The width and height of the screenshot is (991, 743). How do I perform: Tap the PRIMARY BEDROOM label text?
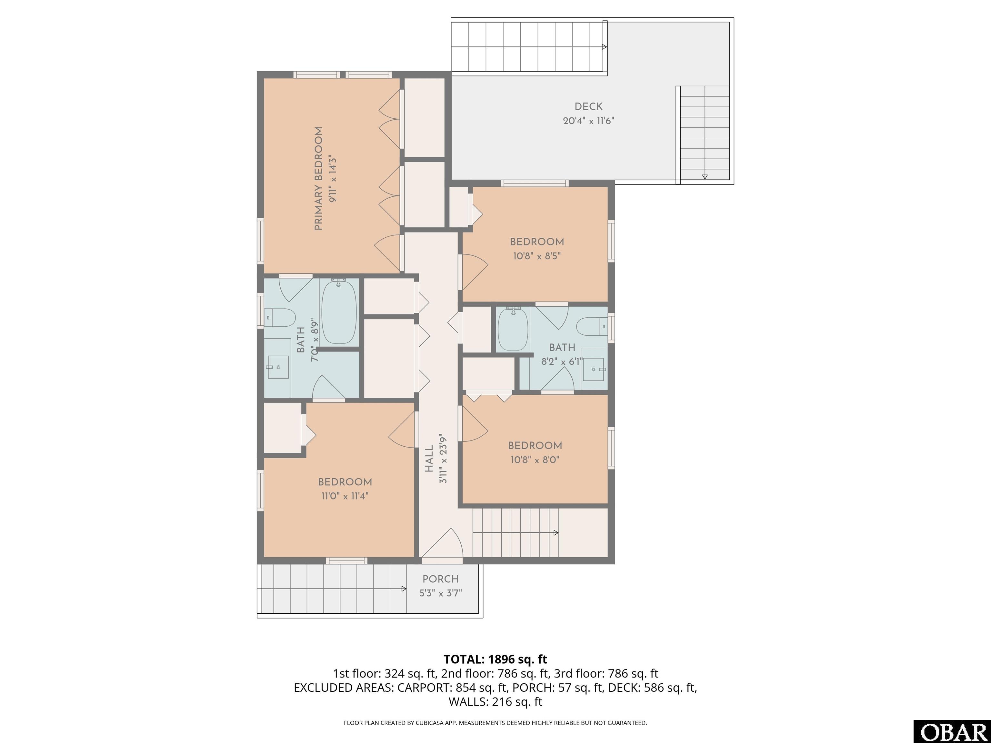pyautogui.click(x=318, y=179)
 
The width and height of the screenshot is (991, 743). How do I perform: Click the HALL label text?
pyautogui.click(x=429, y=458)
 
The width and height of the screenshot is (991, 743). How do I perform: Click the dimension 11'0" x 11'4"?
pyautogui.click(x=345, y=496)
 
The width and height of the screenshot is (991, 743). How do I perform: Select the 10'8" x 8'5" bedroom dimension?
pyautogui.click(x=537, y=256)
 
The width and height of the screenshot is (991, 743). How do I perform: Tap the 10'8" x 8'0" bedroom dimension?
pyautogui.click(x=535, y=460)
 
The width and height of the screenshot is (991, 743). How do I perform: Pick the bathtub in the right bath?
pyautogui.click(x=513, y=330)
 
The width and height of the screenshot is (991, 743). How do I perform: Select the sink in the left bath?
pyautogui.click(x=278, y=367)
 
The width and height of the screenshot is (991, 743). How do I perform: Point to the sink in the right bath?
pyautogui.click(x=594, y=370)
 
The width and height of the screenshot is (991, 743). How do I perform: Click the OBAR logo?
pyautogui.click(x=952, y=731)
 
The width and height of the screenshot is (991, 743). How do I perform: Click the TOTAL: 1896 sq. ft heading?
pyautogui.click(x=495, y=659)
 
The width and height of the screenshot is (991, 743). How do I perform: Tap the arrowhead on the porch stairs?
pyautogui.click(x=404, y=589)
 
